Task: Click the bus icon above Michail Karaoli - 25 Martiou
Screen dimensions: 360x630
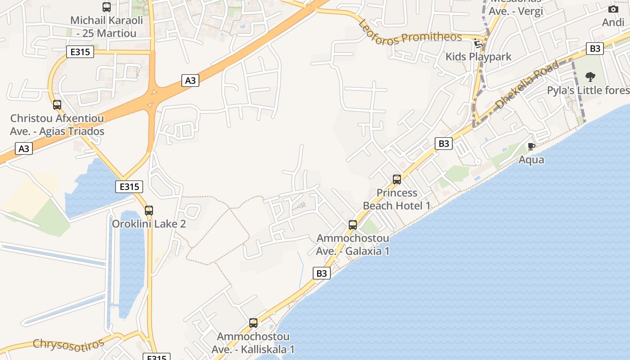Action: (107, 7)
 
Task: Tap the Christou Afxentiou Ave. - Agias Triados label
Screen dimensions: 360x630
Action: (57, 125)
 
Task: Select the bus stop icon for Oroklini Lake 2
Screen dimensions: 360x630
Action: (149, 210)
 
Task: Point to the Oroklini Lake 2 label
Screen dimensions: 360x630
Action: (149, 224)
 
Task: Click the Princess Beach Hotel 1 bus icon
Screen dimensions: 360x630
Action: (397, 180)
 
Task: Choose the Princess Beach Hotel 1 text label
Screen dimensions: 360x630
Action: (397, 199)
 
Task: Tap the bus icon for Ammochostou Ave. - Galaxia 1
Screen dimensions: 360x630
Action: (353, 225)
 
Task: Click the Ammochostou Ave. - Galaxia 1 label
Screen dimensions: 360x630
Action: (353, 244)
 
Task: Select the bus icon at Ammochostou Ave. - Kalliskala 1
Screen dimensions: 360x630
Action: (253, 323)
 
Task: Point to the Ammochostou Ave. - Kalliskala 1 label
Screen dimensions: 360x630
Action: (253, 343)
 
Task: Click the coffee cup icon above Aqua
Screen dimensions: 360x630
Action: (531, 146)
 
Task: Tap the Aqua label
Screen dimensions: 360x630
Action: (531, 160)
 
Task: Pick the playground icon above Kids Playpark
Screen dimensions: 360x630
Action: (478, 43)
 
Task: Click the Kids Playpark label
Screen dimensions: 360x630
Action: (478, 57)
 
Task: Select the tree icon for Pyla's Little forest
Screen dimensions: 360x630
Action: (590, 77)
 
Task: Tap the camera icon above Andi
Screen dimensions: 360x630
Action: (613, 9)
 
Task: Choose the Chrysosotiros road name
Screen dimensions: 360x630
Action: (69, 343)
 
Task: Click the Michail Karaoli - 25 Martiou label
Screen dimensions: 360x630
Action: (107, 27)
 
